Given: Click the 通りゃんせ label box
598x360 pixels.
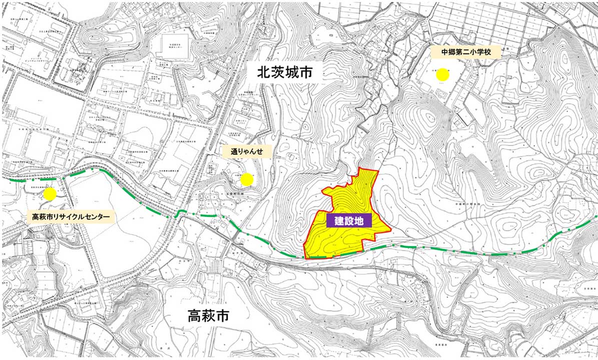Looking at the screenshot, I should pos(247,151).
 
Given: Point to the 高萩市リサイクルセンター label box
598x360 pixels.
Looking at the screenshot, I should pos(71,217).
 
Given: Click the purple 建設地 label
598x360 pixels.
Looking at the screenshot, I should pos(349,220).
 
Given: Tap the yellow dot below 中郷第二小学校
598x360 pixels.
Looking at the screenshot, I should pos(442,75).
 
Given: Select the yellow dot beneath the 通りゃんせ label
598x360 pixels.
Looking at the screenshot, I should pos(247,178).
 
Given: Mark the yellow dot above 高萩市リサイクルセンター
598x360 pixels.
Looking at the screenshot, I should pos(50,194).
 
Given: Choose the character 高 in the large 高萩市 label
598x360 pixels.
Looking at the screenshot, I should pos(195,316).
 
